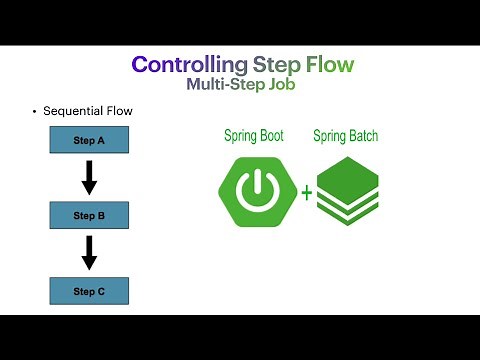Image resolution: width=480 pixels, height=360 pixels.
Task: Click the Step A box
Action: click(x=89, y=140)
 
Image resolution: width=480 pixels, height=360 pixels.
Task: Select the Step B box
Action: click(x=89, y=215)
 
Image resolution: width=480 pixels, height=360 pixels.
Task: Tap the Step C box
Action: click(x=89, y=290)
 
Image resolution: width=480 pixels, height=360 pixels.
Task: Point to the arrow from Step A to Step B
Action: click(x=89, y=177)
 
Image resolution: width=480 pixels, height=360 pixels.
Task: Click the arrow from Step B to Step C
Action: click(x=89, y=252)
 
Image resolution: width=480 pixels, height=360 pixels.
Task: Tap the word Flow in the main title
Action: click(x=326, y=66)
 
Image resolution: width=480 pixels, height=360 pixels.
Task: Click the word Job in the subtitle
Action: click(x=281, y=86)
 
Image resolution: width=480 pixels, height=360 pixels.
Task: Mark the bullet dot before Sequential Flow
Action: click(x=34, y=111)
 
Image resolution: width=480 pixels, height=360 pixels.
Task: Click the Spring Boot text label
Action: click(x=252, y=135)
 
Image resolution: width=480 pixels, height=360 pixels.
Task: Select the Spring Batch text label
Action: click(x=347, y=135)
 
